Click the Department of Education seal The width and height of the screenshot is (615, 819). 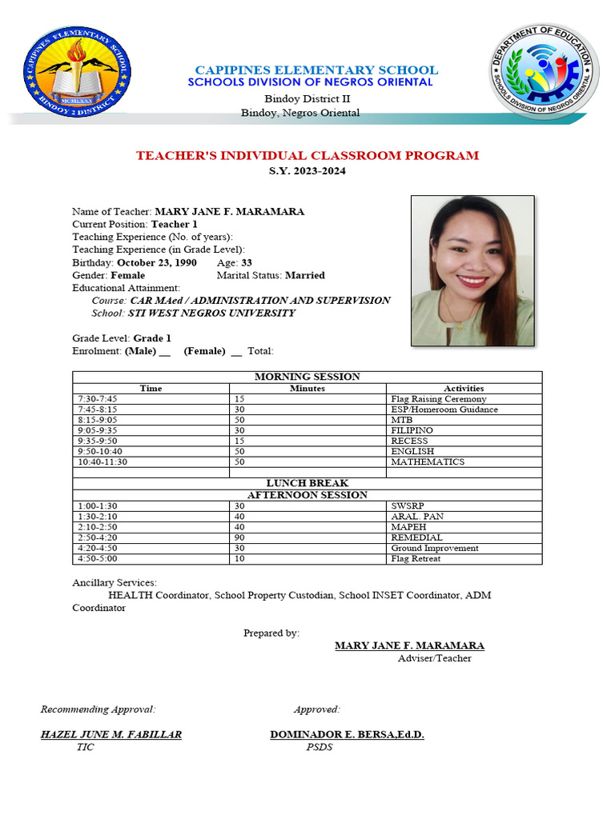544,71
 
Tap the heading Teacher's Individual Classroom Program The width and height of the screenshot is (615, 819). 307,155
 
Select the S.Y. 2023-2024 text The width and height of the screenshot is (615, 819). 307,171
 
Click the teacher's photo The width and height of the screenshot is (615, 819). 472,270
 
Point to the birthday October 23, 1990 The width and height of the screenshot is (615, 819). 157,262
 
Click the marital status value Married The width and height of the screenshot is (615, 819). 305,275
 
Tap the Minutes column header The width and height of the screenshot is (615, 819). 307,388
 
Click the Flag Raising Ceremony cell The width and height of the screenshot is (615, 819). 438,398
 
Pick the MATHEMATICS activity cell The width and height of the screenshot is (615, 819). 427,461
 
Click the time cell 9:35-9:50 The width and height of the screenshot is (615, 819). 98,441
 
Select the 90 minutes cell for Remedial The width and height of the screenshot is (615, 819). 239,537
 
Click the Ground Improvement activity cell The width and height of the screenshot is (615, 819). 434,548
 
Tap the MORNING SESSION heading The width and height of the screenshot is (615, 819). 307,377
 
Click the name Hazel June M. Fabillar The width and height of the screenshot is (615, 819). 111,734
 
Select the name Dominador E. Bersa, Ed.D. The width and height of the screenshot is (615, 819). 348,734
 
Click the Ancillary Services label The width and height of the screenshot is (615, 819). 115,582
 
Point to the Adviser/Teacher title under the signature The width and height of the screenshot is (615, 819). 434,658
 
